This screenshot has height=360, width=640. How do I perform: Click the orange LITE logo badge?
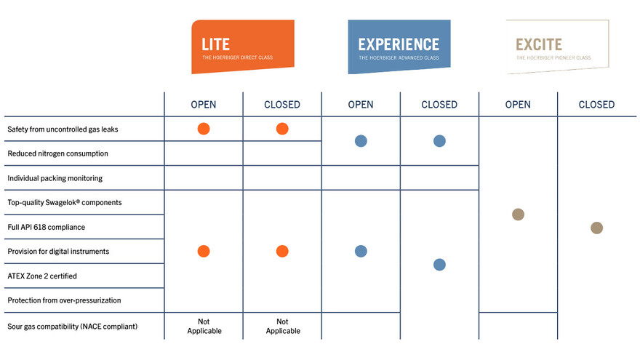click(x=243, y=47)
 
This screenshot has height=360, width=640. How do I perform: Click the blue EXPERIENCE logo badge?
click(x=399, y=47)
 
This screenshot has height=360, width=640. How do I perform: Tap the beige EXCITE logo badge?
click(x=558, y=47)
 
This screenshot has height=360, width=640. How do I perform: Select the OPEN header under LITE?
click(x=204, y=105)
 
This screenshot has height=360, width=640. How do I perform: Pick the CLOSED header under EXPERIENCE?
click(x=439, y=105)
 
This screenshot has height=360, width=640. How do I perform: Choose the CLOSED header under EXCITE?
click(x=597, y=105)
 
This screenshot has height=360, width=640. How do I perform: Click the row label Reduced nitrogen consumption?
click(x=58, y=153)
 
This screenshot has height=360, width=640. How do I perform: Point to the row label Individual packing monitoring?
click(x=55, y=178)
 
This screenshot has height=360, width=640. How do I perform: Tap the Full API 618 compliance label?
click(x=46, y=227)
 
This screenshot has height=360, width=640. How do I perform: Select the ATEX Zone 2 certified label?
click(x=42, y=276)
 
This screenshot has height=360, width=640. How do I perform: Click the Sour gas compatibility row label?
click(x=73, y=327)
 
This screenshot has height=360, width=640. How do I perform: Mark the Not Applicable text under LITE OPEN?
click(x=204, y=326)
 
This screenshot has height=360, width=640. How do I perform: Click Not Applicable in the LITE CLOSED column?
click(x=283, y=326)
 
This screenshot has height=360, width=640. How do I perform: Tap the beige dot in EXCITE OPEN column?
click(x=518, y=215)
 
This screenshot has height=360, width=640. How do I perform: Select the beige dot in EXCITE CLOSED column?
click(x=597, y=228)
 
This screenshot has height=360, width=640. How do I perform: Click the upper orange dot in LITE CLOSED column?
click(x=282, y=129)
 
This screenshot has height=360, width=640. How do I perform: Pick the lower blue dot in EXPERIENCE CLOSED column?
click(x=439, y=265)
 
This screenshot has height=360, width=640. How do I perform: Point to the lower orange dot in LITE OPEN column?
click(x=204, y=251)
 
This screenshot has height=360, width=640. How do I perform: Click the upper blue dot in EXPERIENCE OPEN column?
click(x=361, y=141)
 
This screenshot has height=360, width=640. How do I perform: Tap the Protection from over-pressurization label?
click(x=64, y=300)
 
